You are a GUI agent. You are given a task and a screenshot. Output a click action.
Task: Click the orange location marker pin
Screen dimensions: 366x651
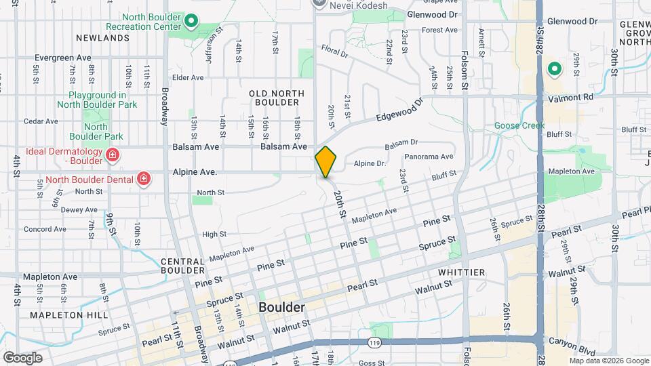click(x=325, y=162)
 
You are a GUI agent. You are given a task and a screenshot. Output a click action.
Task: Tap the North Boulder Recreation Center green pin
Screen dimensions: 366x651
click(x=191, y=21)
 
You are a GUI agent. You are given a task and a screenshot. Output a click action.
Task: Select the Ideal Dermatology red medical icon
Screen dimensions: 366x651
click(x=112, y=156)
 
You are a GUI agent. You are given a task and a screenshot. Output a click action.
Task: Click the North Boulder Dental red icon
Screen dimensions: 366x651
click(x=143, y=178)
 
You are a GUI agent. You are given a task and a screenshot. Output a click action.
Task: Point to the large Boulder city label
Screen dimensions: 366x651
click(x=281, y=307)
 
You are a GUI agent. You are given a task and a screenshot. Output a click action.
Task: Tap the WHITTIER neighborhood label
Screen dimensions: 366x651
click(x=461, y=272)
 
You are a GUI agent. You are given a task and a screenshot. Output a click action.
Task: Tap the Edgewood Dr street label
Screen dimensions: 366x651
click(x=398, y=111)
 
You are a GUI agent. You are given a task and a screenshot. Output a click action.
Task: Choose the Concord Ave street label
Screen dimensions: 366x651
click(x=45, y=229)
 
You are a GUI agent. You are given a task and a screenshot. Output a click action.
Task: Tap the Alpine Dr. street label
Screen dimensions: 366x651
click(x=370, y=163)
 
